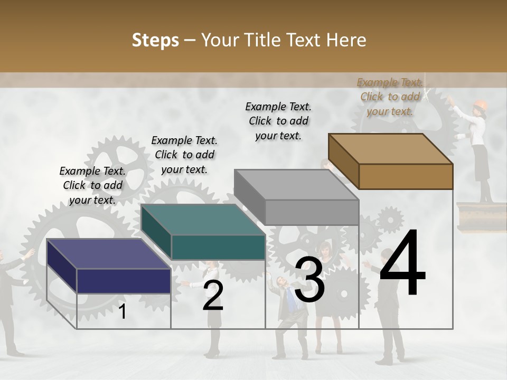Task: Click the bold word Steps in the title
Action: pyautogui.click(x=155, y=40)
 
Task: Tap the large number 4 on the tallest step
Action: pyautogui.click(x=402, y=263)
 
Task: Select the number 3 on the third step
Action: pyautogui.click(x=309, y=280)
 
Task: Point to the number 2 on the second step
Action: pyautogui.click(x=213, y=296)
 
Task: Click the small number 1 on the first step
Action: pyautogui.click(x=123, y=312)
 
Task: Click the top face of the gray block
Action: pyautogui.click(x=296, y=185)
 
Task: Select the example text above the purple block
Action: pyautogui.click(x=92, y=185)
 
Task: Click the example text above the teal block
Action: pyautogui.click(x=184, y=155)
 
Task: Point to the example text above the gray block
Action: pyautogui.click(x=278, y=121)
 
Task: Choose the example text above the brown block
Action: pyautogui.click(x=390, y=97)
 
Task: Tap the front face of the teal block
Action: pyautogui.click(x=218, y=248)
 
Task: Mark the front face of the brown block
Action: pyautogui.click(x=406, y=176)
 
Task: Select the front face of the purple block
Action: pyautogui.click(x=124, y=281)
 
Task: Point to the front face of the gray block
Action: pyautogui.click(x=312, y=213)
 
